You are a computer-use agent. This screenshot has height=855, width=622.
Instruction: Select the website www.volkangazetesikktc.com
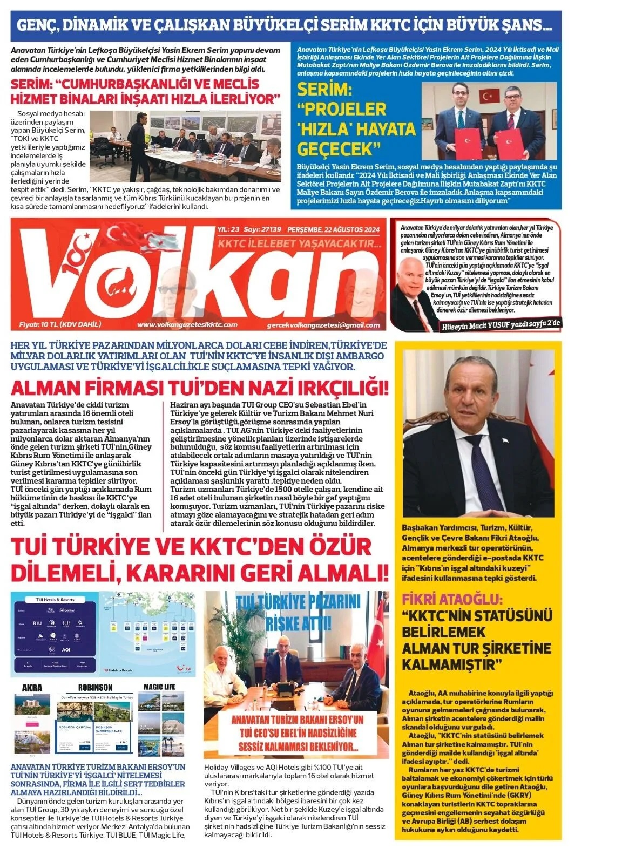click(x=187, y=324)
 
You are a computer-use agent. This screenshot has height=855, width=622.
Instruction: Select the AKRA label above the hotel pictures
click(x=32, y=687)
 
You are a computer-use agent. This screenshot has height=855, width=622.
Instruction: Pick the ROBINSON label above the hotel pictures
click(x=95, y=687)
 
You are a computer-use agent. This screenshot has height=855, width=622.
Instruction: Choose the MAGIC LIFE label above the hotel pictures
click(x=159, y=687)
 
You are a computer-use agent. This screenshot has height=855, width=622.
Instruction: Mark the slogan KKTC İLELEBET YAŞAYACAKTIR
click(x=299, y=245)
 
